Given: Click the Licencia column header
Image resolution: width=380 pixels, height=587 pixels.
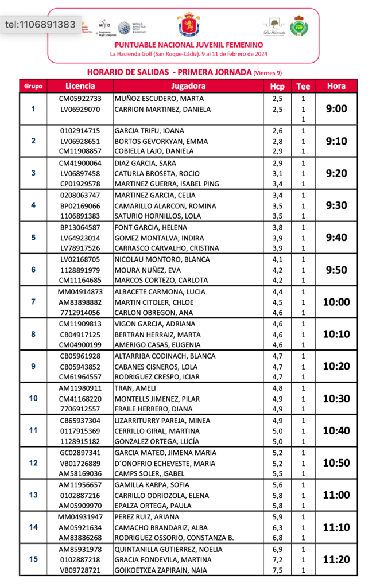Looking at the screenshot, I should point(80,86).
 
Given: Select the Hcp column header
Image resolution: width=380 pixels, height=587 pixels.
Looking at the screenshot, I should point(277,86).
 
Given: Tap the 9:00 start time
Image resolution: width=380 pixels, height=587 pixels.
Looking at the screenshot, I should point(336,109).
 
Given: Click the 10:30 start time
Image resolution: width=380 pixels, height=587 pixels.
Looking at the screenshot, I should point(336,398).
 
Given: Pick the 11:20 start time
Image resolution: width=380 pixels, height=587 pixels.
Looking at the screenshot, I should point(336,559).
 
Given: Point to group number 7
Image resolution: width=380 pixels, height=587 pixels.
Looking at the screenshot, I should point(33,302).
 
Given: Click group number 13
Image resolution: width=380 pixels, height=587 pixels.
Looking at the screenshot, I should point(33,495).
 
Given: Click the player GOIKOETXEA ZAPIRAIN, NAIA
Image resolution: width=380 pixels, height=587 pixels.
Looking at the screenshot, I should point(160,570).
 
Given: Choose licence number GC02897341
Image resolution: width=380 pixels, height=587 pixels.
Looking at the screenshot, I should point(80,453).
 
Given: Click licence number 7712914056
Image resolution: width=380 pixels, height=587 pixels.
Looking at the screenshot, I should point(80,313).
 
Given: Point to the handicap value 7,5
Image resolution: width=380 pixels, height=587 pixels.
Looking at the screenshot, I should point(277,570).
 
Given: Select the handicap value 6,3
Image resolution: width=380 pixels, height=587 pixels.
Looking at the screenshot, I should point(277,527).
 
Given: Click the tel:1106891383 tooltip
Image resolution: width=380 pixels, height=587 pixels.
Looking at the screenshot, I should point(40,25).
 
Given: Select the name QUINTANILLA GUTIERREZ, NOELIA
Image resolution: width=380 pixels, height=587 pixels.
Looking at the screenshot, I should point(161,549).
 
